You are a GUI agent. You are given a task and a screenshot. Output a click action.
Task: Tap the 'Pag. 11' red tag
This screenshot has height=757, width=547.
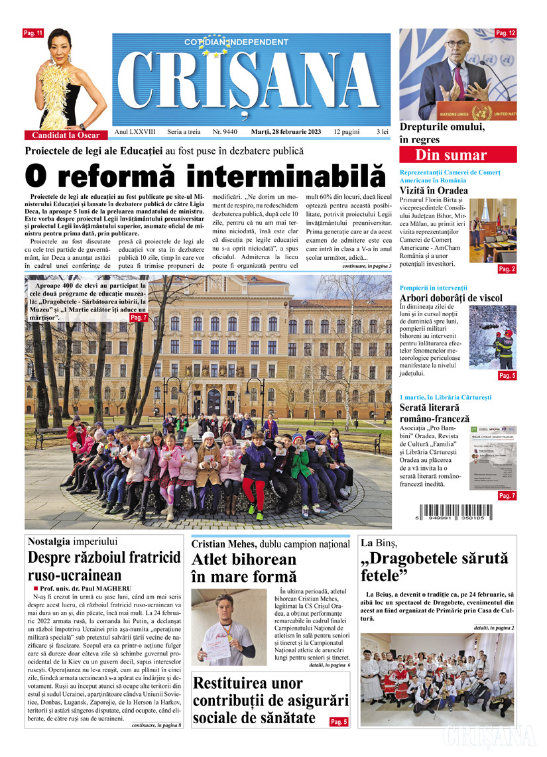33,33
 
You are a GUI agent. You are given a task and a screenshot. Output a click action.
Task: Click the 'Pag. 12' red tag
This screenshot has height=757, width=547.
505,33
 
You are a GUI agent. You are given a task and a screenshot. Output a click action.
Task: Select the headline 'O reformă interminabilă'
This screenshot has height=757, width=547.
205,177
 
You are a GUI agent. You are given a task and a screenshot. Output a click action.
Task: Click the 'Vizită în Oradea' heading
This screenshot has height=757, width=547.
434,191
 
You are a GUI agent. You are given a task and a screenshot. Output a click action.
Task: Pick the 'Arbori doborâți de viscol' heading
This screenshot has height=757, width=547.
451,298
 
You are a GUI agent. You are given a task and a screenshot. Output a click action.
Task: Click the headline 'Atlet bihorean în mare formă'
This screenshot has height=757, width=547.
244,568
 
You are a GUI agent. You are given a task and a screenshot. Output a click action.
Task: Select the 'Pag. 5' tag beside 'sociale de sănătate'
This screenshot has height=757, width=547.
339,721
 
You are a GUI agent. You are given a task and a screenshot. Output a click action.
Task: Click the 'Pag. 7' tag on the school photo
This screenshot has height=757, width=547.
139,318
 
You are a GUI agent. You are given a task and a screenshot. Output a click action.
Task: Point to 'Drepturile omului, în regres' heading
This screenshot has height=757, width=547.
442,133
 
